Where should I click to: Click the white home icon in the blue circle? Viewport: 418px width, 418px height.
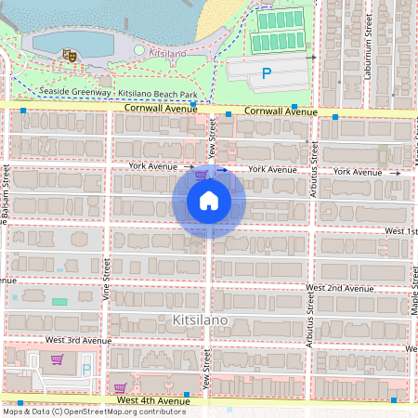tap(209, 200)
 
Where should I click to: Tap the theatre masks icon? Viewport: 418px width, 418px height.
tap(67, 56)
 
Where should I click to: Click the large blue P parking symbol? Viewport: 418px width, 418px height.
tap(267, 73)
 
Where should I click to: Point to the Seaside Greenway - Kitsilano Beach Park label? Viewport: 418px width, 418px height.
tap(119, 93)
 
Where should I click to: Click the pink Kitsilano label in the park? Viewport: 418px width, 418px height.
tap(168, 53)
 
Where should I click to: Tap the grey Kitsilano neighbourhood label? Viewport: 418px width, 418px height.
tap(200, 320)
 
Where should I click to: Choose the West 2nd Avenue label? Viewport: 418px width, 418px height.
tap(340, 289)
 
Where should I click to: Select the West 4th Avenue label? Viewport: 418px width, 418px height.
tap(153, 400)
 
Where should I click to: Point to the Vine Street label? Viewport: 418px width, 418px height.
tap(106, 280)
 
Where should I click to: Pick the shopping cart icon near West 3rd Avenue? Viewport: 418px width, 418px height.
tap(57, 359)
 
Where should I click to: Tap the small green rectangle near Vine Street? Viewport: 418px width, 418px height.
tap(59, 302)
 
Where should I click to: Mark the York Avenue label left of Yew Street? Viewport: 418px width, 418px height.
tap(153, 166)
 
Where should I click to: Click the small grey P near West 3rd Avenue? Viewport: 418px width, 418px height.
tap(87, 368)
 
